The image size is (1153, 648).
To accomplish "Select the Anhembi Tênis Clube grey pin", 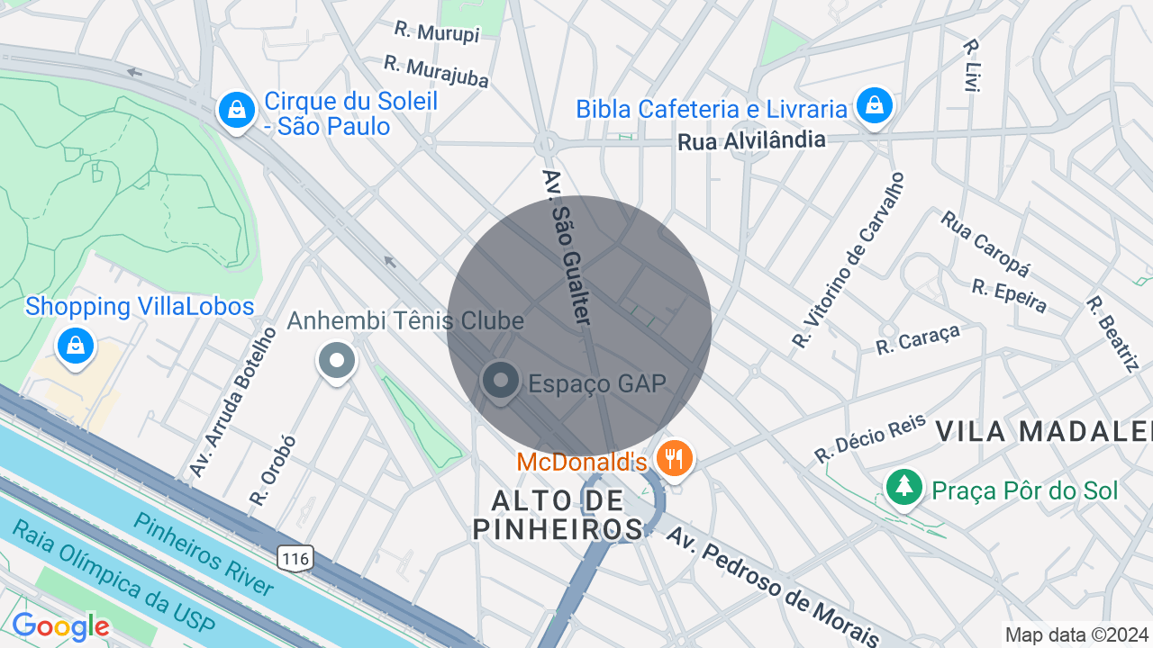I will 337,362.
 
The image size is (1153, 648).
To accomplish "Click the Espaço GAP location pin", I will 500,381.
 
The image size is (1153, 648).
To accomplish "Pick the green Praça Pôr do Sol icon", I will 903,487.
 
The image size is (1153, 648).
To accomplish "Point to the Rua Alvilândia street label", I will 751,140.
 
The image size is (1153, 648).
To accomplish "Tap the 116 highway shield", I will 295,559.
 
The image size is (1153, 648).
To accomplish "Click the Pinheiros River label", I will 203,553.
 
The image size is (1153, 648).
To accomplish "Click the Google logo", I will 60,626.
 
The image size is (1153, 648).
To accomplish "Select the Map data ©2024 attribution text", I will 1077,635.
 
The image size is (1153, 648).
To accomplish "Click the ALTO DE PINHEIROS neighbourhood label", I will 558,515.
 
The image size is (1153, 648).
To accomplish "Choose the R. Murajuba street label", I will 436,71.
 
